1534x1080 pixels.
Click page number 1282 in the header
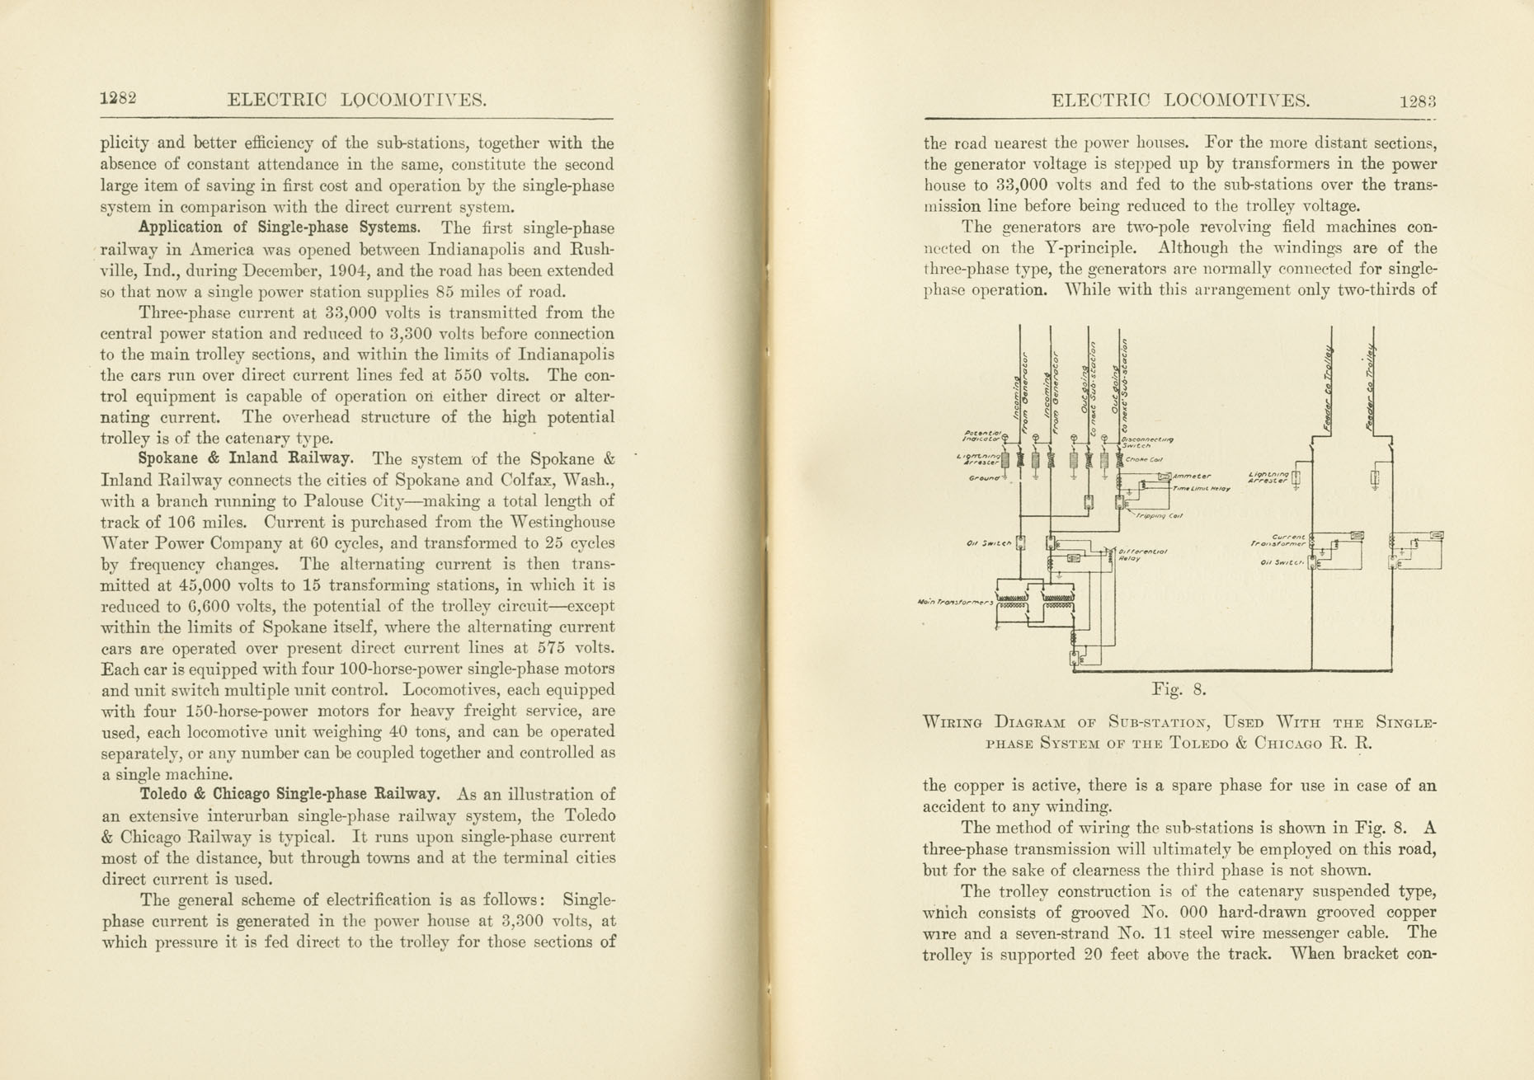(118, 98)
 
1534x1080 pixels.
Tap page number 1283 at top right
(1418, 101)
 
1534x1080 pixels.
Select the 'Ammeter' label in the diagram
(1193, 477)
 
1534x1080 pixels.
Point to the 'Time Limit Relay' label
(1202, 489)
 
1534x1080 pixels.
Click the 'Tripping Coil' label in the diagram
(1160, 516)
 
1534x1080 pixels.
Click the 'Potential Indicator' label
(983, 435)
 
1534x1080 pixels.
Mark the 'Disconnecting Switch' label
(1147, 443)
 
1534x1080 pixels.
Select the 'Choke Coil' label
(1144, 459)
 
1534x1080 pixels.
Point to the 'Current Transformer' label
(1278, 540)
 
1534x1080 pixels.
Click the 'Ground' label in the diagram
(984, 478)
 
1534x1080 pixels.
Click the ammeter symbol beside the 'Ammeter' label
(1165, 477)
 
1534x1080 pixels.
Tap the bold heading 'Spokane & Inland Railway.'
(247, 458)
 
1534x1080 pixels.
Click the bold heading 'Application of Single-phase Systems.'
(280, 228)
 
